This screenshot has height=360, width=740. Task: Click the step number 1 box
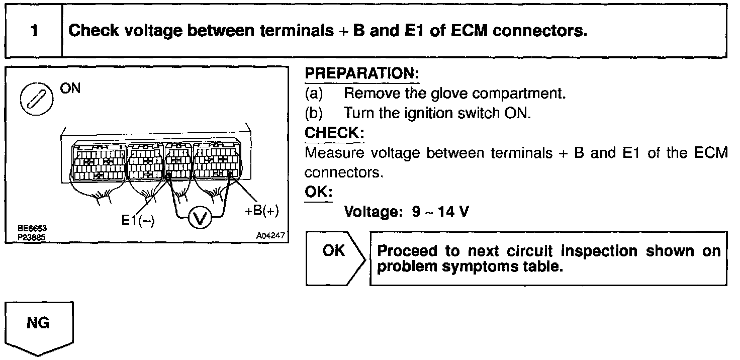(34, 31)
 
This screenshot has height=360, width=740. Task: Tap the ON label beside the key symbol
(70, 88)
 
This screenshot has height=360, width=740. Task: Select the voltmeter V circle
(199, 218)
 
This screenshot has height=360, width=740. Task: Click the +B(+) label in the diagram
(261, 211)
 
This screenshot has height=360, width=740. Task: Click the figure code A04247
(270, 235)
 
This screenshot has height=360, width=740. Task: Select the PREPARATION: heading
(362, 74)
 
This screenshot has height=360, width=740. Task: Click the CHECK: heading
(334, 133)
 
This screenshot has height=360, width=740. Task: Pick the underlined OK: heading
(318, 193)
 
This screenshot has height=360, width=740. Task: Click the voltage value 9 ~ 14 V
(440, 212)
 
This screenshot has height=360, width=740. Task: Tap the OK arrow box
(334, 258)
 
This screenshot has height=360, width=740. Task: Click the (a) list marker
(314, 94)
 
